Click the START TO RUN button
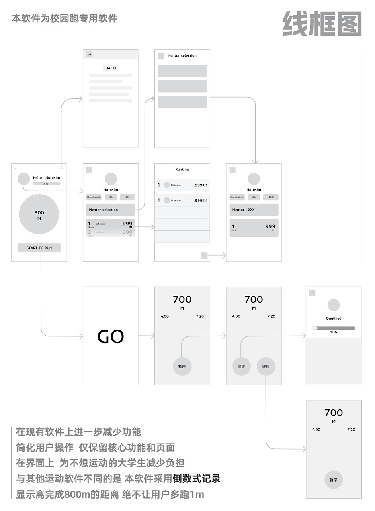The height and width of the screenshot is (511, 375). [x=39, y=248]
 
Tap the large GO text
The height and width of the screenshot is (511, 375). [x=111, y=336]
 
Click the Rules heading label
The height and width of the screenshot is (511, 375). [x=111, y=68]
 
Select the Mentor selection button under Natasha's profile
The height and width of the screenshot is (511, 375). [x=111, y=210]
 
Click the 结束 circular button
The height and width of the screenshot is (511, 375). [x=242, y=366]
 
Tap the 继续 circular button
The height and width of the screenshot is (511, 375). [x=266, y=366]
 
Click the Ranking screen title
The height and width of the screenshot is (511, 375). [x=182, y=169]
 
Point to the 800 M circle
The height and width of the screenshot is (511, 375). [x=39, y=215]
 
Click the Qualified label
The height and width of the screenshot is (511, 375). [x=334, y=318]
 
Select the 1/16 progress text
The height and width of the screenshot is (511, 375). [x=334, y=332]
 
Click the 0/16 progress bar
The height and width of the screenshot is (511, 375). [x=47, y=183]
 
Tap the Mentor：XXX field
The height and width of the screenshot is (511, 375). [x=254, y=210]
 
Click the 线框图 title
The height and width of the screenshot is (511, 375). [x=322, y=23]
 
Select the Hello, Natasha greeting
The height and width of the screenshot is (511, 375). [x=47, y=177]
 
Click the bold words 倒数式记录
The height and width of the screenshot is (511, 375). [x=197, y=479]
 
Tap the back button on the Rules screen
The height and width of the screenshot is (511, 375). [x=89, y=54]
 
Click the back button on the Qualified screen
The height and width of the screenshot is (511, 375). [x=312, y=293]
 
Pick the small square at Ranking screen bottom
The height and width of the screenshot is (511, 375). [x=204, y=255]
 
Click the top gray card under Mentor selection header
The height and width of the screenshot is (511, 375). [x=182, y=71]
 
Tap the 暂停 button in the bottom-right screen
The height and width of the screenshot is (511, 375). [x=334, y=480]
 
